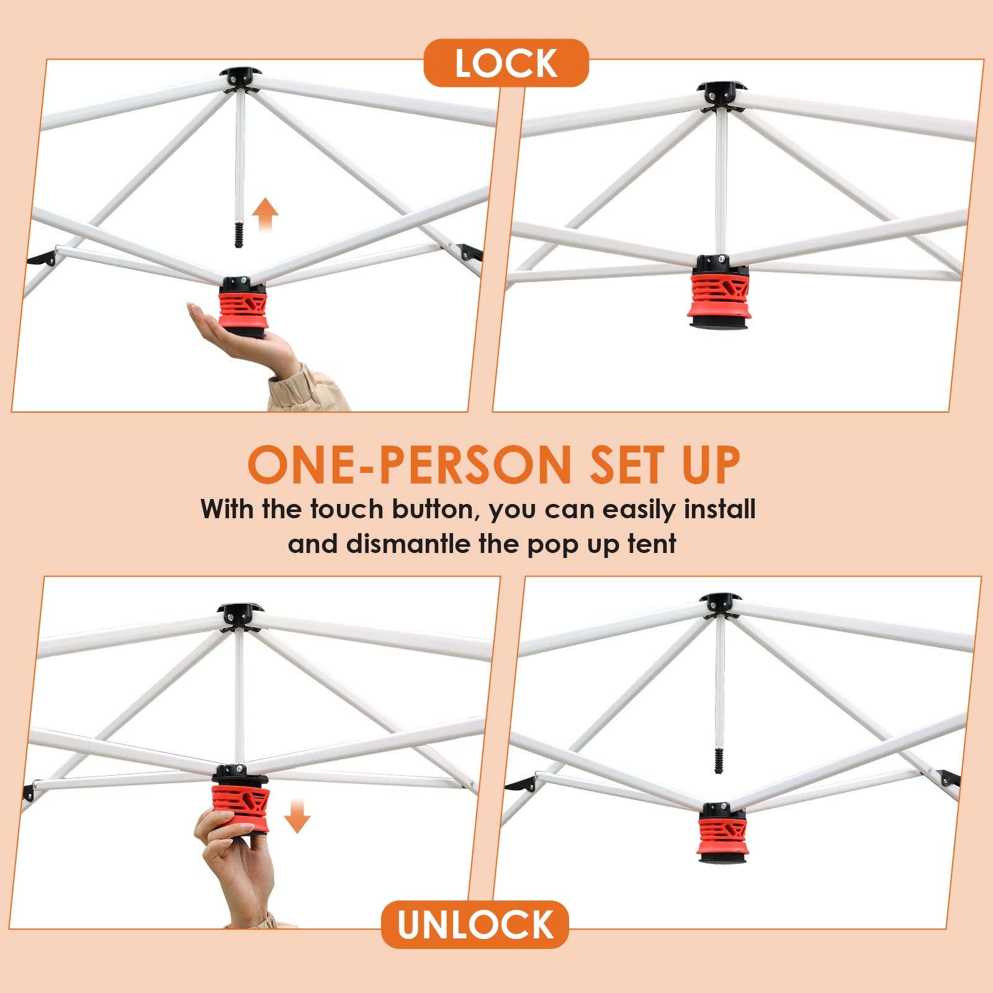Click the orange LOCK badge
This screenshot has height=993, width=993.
pyautogui.click(x=506, y=63)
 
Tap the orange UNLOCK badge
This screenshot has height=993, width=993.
pyautogui.click(x=475, y=924)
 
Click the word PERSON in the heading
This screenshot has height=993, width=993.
pyautogui.click(x=475, y=465)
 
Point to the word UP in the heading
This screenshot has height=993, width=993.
pyautogui.click(x=711, y=465)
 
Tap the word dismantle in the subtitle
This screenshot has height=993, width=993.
pyautogui.click(x=410, y=544)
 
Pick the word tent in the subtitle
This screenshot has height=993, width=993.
pyautogui.click(x=652, y=544)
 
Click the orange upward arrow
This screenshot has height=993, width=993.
pyautogui.click(x=266, y=215)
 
